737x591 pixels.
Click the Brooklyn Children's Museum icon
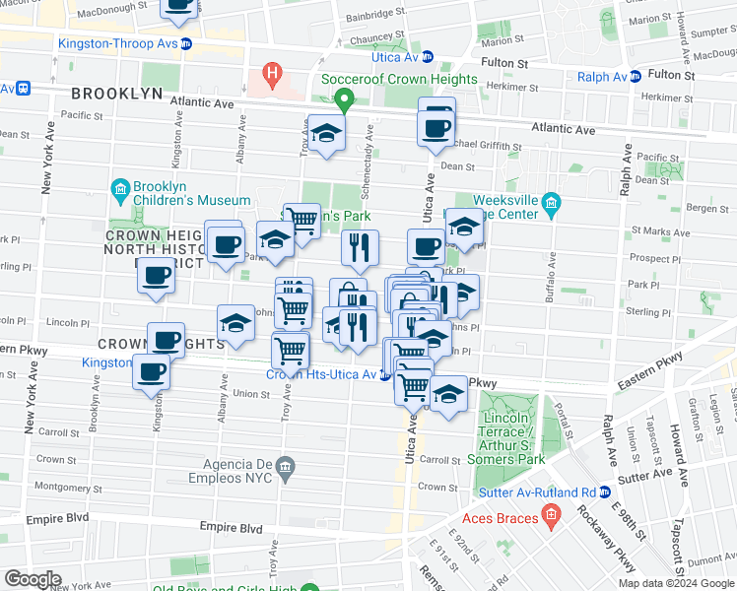pyautogui.click(x=120, y=188)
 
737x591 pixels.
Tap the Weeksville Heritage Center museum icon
pyautogui.click(x=551, y=205)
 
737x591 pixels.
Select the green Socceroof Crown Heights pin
pyautogui.click(x=344, y=99)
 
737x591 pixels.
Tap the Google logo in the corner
pyautogui.click(x=32, y=579)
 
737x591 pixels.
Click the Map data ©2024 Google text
pyautogui.click(x=675, y=583)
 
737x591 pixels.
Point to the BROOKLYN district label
pyautogui.click(x=116, y=93)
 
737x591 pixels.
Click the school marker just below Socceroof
pyautogui.click(x=326, y=133)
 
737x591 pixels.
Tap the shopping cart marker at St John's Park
pyautogui.click(x=301, y=222)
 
